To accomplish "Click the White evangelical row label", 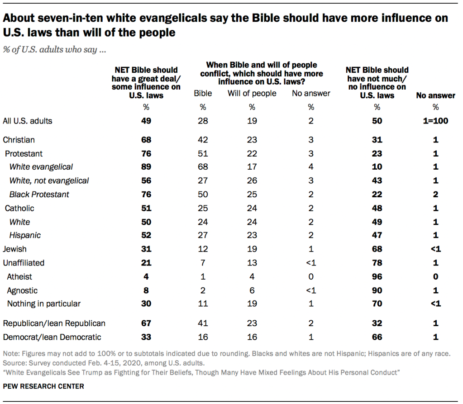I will pos(41,167).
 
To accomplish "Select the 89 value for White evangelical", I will pos(146,167).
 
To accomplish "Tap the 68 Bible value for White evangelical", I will pos(203,167).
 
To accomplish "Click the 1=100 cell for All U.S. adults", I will pos(435,121).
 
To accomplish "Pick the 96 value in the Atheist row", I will pos(377,276).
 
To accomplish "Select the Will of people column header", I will pos(252,94).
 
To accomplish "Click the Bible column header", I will pos(203,94).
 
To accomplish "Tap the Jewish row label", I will pos(14,249).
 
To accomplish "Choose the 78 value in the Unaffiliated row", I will pos(377,262).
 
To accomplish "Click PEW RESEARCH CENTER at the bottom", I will pos(43,387).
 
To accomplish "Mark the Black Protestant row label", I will pos(39,195).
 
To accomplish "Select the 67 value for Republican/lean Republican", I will pos(146,323).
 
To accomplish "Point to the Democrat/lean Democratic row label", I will pos(52,337).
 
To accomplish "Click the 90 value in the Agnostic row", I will pos(377,290).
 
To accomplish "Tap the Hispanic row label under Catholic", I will pos(25,235).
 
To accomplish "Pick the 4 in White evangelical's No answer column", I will pos(311,167).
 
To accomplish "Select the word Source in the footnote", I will pos(14,363).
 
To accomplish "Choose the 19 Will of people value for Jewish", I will pos(252,249).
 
